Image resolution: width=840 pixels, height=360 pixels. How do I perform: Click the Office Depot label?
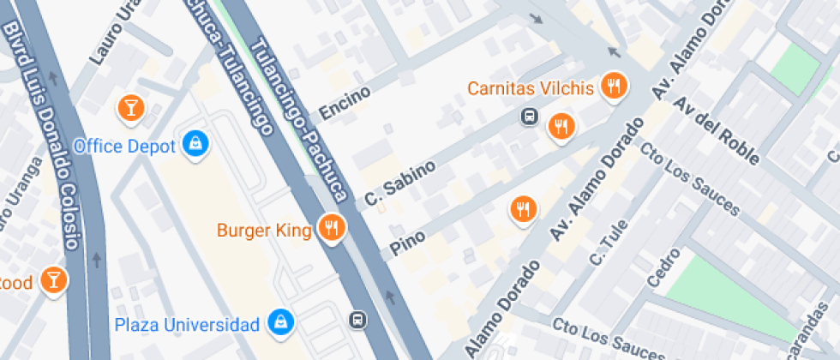click(x=124, y=146)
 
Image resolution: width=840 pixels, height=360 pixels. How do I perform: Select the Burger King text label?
click(x=263, y=230)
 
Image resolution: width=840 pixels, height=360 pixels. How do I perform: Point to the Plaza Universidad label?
click(x=187, y=325)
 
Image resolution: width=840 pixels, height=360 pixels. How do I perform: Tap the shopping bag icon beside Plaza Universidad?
click(x=279, y=322)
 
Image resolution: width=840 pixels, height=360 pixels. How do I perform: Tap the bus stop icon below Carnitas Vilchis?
click(x=530, y=116)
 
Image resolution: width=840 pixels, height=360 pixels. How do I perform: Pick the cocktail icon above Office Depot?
click(x=131, y=106)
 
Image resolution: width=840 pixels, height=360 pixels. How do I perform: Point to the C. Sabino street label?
click(x=400, y=183)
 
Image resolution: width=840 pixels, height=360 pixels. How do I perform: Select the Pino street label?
click(x=408, y=240)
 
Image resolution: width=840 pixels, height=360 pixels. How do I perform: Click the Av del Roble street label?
click(x=717, y=129)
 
